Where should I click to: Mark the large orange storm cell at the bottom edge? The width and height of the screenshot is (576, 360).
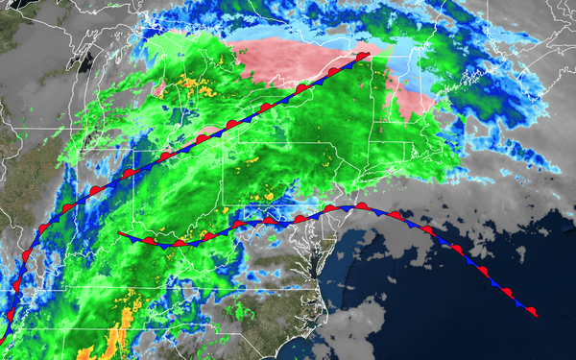pos(115,340)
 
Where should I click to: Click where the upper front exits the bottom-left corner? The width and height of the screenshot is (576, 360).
pos(3,336)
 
